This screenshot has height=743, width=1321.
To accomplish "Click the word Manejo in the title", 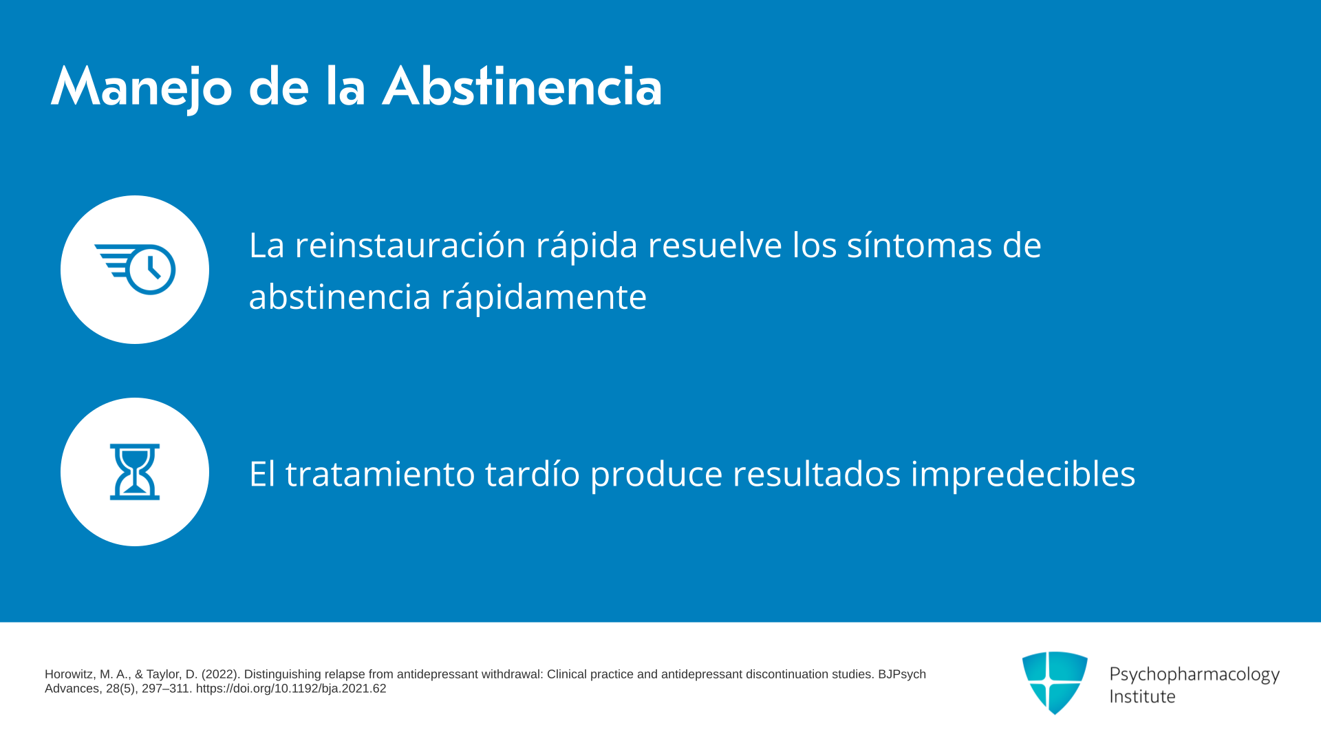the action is [x=142, y=88].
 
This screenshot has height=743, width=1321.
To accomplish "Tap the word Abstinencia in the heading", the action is [x=522, y=87].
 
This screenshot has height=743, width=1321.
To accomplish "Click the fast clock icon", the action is [x=135, y=269].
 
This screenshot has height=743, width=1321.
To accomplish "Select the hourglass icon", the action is [x=135, y=472].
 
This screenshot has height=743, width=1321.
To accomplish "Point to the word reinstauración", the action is [x=410, y=245].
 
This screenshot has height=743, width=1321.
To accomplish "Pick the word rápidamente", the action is [x=544, y=297].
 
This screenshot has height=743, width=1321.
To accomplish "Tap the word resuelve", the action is [x=715, y=245].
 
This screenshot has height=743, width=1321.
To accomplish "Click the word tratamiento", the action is [x=380, y=474].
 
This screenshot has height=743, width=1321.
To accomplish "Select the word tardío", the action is [x=533, y=474].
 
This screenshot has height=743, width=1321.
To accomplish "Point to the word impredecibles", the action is [x=1023, y=474].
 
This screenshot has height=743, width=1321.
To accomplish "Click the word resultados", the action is [x=817, y=474].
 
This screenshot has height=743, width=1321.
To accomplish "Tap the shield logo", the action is [x=1055, y=682].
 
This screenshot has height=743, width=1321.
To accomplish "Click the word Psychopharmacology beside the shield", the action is [x=1194, y=675].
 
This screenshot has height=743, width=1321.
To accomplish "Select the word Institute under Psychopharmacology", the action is [x=1142, y=696].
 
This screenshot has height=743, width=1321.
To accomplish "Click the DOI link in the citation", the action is [x=291, y=689].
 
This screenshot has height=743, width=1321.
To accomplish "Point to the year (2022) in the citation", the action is [x=220, y=674].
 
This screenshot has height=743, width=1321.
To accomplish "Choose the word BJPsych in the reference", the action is [x=902, y=674].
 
